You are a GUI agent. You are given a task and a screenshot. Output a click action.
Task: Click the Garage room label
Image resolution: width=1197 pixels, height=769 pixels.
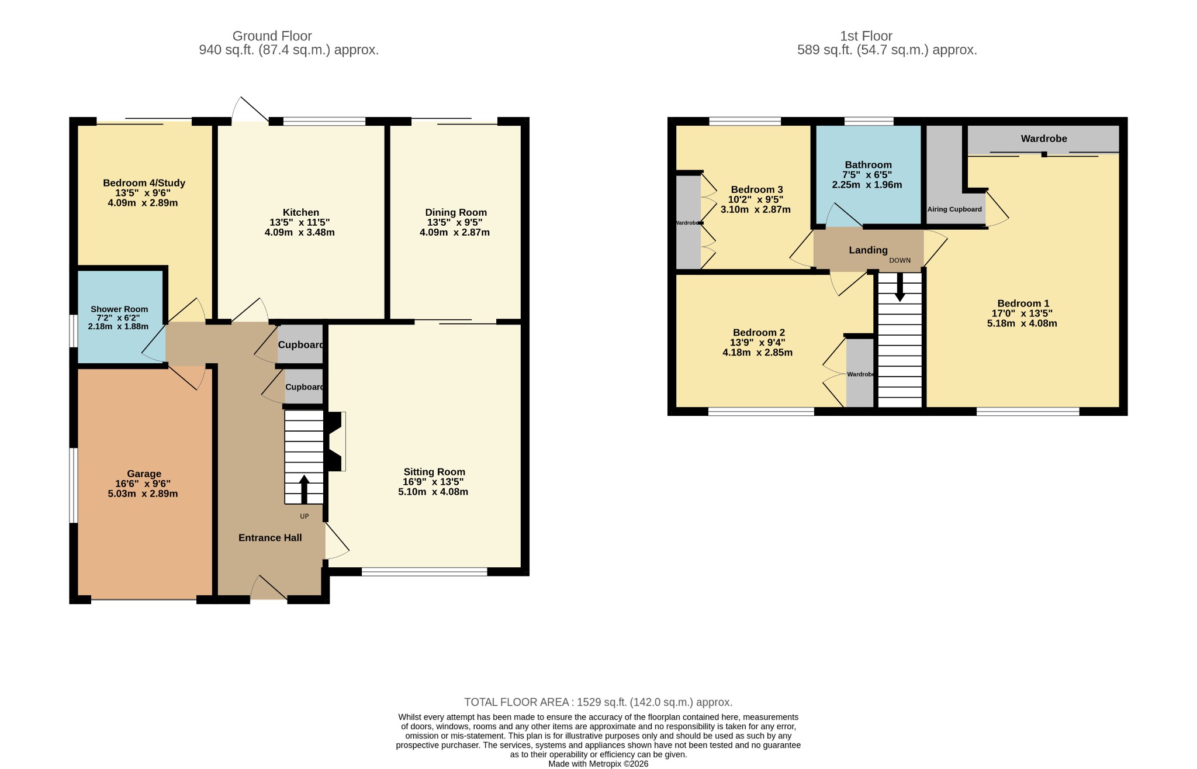(144, 474)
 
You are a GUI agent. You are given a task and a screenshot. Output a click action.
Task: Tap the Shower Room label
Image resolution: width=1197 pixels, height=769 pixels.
(119, 309)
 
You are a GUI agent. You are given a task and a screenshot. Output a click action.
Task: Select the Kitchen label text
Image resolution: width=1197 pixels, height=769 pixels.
(301, 212)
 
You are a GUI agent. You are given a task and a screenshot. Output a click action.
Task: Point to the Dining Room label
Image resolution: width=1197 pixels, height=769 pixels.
(456, 212)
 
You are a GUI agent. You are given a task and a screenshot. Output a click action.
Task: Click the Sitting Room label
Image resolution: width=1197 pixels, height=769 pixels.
(434, 472)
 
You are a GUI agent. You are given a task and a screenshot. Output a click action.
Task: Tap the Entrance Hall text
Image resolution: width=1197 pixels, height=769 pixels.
(270, 537)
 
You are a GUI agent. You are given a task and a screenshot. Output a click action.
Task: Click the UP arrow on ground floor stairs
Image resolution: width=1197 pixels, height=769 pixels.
(304, 489)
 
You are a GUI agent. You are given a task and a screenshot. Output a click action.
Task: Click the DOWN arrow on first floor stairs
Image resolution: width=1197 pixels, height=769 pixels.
(900, 287)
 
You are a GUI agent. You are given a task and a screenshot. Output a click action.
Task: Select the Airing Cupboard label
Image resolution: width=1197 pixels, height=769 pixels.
(954, 209)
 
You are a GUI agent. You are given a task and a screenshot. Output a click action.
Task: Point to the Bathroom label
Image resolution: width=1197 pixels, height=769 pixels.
(868, 165)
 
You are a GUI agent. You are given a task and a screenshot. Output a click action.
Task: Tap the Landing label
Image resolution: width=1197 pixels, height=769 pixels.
(868, 250)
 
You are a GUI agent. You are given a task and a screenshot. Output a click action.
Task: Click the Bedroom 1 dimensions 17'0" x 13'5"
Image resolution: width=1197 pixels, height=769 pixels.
(1022, 313)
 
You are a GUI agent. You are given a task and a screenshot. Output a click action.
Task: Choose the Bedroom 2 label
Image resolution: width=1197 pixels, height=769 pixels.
(759, 333)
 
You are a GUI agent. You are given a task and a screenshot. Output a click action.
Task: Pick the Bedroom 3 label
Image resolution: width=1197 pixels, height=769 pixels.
(757, 189)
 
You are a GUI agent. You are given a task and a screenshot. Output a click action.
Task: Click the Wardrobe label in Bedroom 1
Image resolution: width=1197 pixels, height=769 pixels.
(1044, 139)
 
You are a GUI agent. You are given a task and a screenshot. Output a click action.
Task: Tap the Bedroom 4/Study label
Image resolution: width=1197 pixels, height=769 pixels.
(144, 183)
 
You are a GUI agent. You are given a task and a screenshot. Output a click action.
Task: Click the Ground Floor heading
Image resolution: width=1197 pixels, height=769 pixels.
(272, 36)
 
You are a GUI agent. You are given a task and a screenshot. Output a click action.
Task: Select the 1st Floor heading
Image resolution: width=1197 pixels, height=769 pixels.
(866, 36)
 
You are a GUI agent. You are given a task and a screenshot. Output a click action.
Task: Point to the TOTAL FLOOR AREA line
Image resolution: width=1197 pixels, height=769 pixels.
(598, 702)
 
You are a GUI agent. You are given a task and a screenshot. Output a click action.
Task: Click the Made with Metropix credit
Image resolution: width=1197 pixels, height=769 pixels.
(598, 764)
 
